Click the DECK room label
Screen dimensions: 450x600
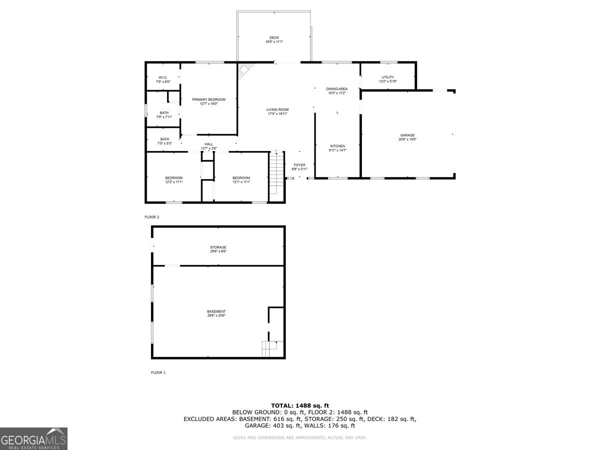[x=274, y=37]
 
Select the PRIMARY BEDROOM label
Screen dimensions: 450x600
[x=208, y=99]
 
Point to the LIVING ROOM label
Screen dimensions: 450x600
[x=277, y=109]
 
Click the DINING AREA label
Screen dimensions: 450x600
[x=337, y=89]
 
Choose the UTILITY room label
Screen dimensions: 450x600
[x=387, y=77]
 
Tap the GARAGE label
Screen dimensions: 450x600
[x=407, y=135]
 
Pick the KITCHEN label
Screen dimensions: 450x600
[x=337, y=146]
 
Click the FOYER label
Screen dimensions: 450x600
[x=299, y=165]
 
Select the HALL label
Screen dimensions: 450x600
[x=208, y=144]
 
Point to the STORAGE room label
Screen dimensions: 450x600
[x=218, y=247]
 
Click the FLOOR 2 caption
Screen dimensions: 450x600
[x=151, y=217]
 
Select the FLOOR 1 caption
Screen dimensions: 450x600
[x=158, y=372]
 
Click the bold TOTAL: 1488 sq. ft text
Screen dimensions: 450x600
[x=299, y=405]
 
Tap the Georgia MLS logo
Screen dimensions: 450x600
[x=33, y=439]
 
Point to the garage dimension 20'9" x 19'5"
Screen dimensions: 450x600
[x=407, y=139]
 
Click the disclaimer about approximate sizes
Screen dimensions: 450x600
[x=299, y=438]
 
